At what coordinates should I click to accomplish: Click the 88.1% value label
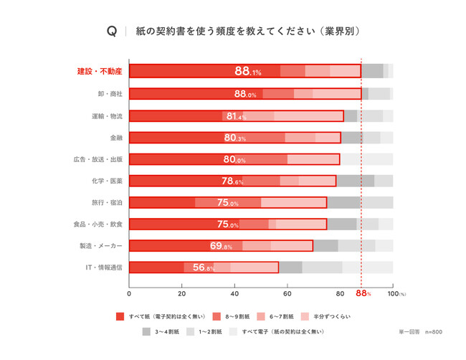click(247, 71)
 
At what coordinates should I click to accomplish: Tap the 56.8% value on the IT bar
click(204, 267)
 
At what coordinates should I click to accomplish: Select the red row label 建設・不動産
click(100, 71)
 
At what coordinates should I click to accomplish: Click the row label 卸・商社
click(110, 93)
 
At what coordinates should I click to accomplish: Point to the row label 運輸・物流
click(107, 115)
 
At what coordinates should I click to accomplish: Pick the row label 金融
click(115, 137)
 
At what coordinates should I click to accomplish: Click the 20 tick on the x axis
click(182, 293)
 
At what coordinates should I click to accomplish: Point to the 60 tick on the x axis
click(287, 293)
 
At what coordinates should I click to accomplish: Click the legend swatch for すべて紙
click(120, 316)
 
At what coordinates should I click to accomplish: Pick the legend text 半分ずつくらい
click(332, 316)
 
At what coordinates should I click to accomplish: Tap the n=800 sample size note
click(433, 333)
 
